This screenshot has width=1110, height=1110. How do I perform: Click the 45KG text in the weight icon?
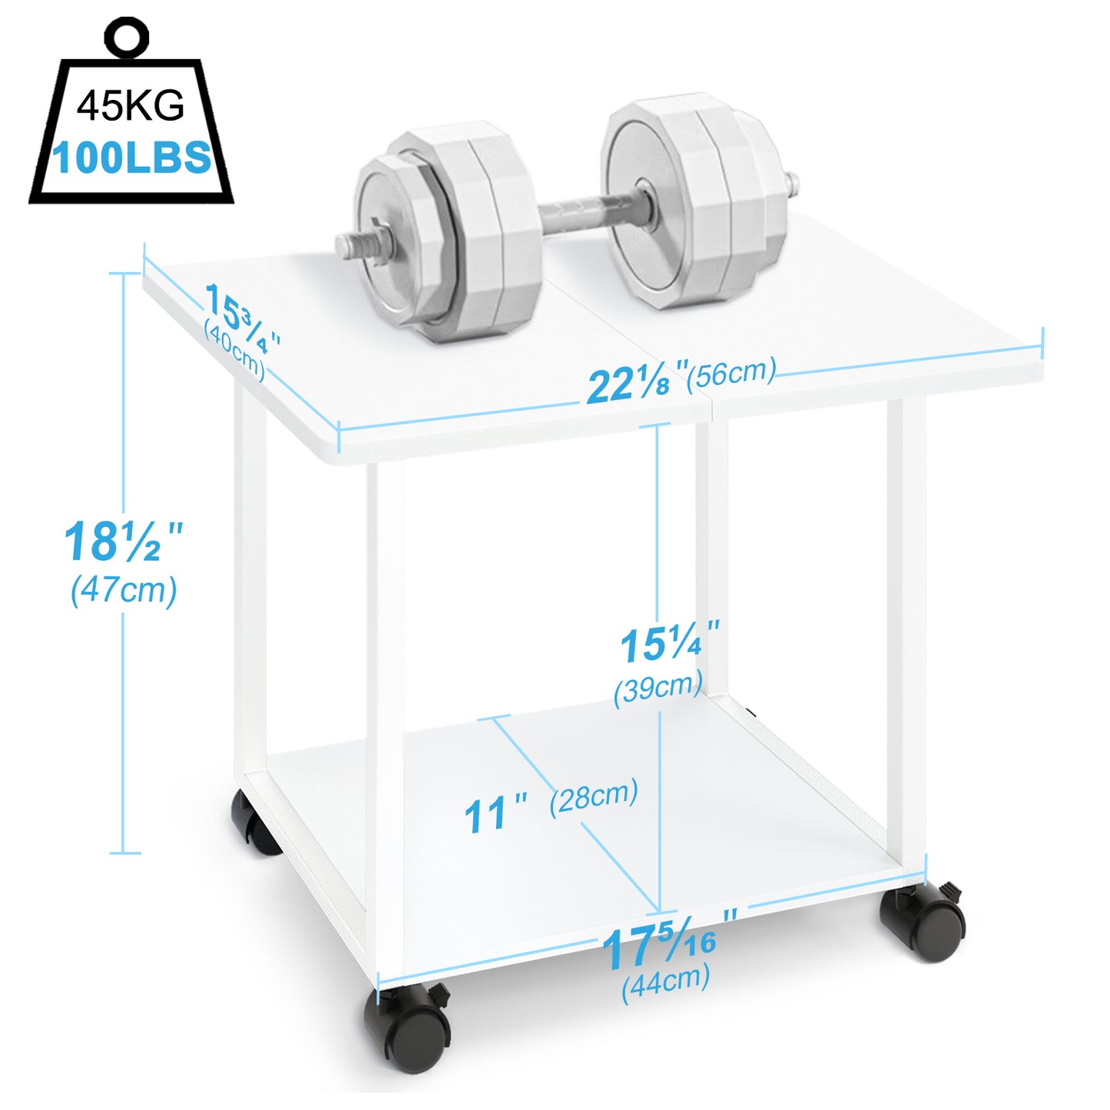pos(131,105)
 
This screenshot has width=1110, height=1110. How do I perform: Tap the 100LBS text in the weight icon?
pos(131,157)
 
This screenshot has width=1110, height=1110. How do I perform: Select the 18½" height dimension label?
pos(123,542)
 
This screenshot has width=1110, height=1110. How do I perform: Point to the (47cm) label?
pos(124,591)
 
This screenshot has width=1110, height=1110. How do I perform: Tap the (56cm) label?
pos(731,373)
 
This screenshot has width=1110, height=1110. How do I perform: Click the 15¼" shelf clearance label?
pos(669,644)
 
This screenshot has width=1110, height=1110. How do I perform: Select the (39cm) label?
pos(658,687)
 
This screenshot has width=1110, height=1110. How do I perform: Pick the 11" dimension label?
pos(495,814)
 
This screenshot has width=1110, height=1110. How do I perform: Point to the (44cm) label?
pos(665,982)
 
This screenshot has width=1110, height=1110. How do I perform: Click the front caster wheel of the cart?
pos(410,1028)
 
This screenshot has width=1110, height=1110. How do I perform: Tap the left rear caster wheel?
pos(253,823)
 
